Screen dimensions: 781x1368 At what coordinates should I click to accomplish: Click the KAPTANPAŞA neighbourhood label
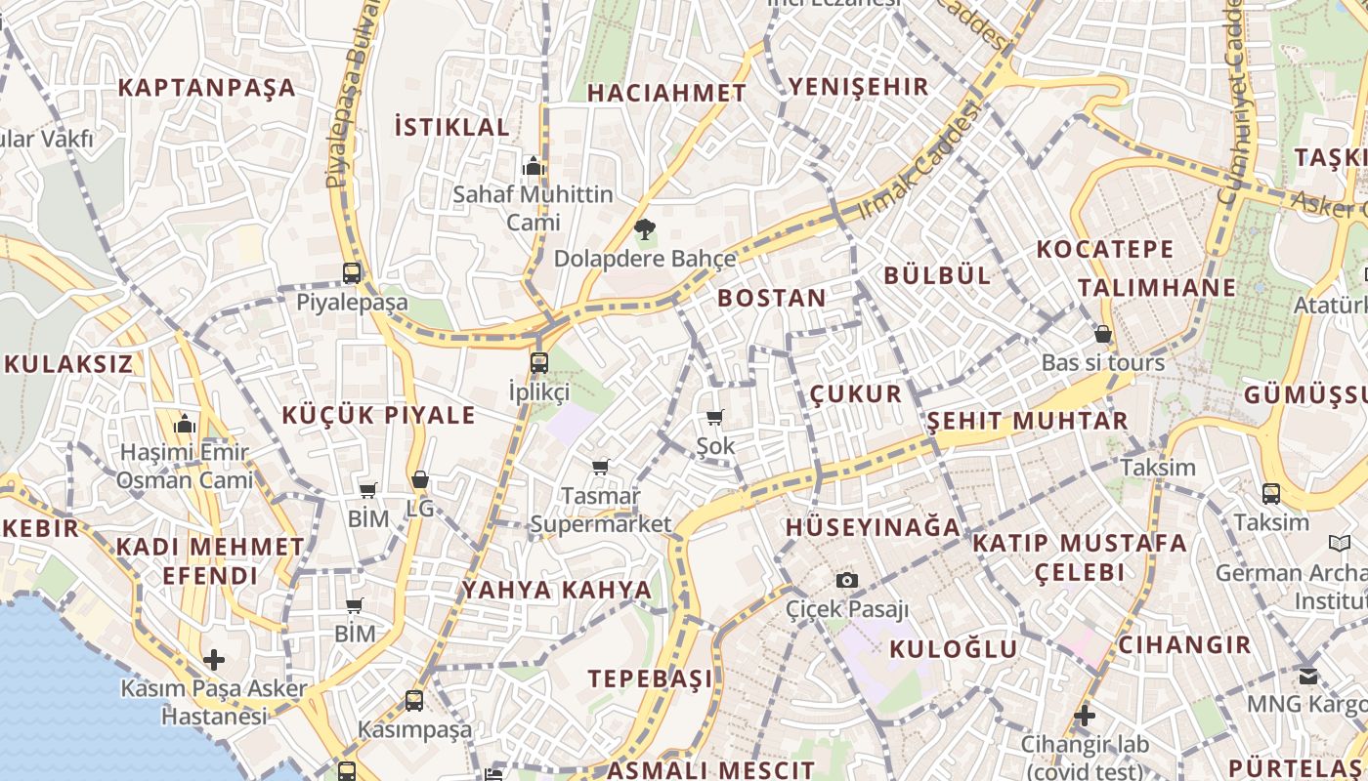[206, 88]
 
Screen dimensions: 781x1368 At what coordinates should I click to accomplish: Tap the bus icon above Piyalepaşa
[352, 273]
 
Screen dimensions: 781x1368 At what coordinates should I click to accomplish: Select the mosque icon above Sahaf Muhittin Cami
[534, 166]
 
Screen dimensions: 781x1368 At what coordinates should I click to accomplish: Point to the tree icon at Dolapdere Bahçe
[644, 230]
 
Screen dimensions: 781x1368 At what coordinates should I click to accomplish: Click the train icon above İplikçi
[538, 363]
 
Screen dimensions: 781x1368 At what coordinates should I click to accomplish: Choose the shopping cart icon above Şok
[715, 418]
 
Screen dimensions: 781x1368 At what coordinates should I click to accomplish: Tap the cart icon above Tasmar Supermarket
[600, 467]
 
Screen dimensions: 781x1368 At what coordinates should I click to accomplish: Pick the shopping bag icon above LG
[419, 479]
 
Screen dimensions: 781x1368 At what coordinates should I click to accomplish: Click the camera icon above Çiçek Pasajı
[847, 580]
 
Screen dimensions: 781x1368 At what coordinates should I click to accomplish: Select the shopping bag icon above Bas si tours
[1102, 334]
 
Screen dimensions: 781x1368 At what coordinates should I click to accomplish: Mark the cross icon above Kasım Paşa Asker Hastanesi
[213, 660]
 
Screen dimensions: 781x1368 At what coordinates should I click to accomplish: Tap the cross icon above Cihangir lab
[1084, 716]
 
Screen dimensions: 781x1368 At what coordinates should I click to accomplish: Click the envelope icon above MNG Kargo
[1307, 675]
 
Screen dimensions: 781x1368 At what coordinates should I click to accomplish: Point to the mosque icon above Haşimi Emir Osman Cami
[184, 424]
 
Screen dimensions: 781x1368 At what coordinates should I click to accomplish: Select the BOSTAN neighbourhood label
[771, 299]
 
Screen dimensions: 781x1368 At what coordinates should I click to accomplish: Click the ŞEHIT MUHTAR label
[1027, 422]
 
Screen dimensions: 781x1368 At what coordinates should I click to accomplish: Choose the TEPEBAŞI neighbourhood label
[650, 678]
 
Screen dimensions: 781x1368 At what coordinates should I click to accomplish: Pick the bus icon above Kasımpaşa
[414, 700]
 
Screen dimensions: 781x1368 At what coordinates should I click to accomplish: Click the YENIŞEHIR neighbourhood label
[858, 87]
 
